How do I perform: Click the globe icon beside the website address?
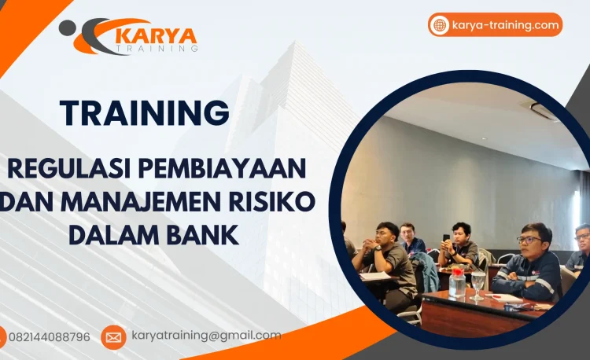[440, 25]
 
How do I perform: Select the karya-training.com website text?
[505, 25]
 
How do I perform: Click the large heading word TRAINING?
[145, 114]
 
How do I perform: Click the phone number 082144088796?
[50, 337]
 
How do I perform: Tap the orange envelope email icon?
[113, 337]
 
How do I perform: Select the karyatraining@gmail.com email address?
[206, 336]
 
